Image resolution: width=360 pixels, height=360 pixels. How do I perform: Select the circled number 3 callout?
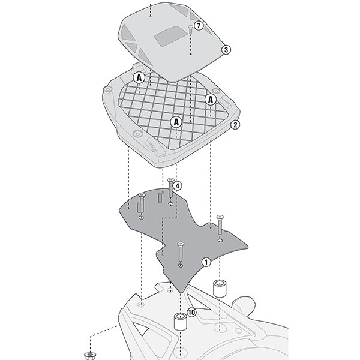pos(226,50)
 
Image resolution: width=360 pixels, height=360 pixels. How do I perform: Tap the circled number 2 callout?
pos(235,125)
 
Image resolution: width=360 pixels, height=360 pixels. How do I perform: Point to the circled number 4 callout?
pos(178,186)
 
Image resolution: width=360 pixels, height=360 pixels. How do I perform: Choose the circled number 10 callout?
pos(191,312)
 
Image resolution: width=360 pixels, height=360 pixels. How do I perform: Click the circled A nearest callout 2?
pos(211,99)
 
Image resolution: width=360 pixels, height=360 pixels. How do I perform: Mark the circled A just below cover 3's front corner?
pos(139,77)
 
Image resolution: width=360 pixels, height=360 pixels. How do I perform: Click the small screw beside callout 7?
pos(190,29)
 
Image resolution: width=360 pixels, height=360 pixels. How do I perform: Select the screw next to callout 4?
pos(171,189)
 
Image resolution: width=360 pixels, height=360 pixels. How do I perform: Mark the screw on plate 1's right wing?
pos(220,226)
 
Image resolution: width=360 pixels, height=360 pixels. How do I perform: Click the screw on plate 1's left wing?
pos(142,204)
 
